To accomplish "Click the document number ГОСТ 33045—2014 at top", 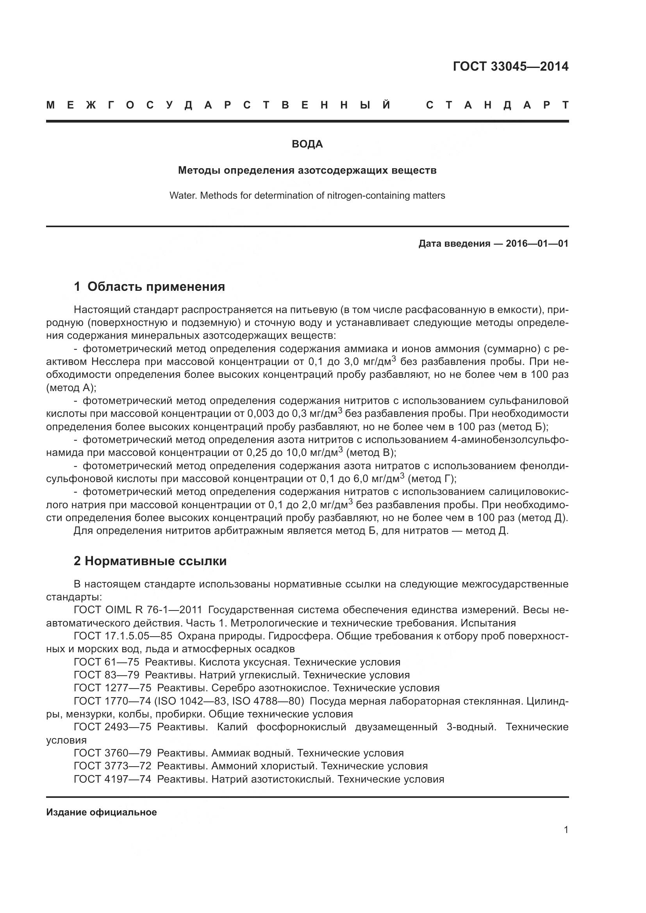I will [510, 66].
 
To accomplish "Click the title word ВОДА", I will [307, 144].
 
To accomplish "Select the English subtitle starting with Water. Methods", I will [307, 196].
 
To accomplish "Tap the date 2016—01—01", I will [537, 244].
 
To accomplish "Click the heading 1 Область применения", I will [149, 287].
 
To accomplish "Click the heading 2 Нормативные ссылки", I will [150, 561].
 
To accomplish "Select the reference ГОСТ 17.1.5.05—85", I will [123, 636].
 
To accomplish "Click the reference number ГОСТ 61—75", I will [106, 662].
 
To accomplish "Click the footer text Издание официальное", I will [102, 812].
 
